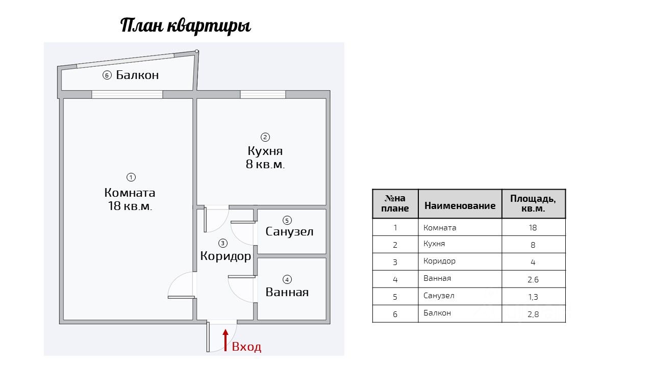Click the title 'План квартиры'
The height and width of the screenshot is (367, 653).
[186, 25]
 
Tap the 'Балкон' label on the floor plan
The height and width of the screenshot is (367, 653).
[137, 75]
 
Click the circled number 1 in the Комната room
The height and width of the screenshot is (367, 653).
[131, 177]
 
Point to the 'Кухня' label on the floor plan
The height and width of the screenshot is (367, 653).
[265, 151]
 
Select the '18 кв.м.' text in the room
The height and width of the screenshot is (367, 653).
[130, 206]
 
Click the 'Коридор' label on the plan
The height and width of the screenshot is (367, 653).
[225, 256]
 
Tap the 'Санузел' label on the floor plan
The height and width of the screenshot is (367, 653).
[289, 232]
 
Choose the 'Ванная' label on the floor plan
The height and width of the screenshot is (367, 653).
[287, 293]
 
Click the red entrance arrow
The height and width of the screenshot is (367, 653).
[225, 340]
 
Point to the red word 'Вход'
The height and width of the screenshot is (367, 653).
[246, 347]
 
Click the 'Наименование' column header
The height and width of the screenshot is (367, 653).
[460, 205]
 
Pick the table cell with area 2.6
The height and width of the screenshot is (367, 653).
[533, 279]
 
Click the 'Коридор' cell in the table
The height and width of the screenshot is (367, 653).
[439, 261]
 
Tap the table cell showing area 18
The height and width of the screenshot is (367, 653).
[533, 228]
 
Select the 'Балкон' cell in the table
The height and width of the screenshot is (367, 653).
[437, 313]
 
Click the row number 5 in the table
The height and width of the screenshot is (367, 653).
[395, 297]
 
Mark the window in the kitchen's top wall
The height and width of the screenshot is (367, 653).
[263, 94]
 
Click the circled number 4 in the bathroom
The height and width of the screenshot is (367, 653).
[287, 279]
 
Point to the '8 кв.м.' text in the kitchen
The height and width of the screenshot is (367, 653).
[265, 165]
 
